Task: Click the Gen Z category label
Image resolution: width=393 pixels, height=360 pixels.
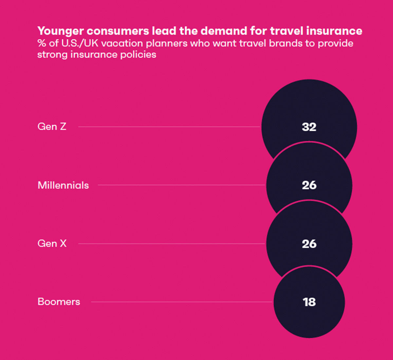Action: point(52,127)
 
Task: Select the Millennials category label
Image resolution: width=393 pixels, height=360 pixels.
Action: point(63,185)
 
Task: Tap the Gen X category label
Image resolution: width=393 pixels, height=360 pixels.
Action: point(52,243)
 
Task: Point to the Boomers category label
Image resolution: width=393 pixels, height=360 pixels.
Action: point(59,302)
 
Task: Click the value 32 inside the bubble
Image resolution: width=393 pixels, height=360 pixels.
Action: point(309,127)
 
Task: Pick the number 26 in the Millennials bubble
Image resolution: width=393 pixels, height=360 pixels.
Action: point(309,185)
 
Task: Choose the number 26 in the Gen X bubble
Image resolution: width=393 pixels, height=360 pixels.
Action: point(309,244)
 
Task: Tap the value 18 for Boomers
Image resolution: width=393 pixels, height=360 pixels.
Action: point(309,302)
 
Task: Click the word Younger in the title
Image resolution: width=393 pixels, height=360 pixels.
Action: point(60,31)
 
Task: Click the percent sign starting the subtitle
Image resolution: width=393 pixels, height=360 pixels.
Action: point(42,43)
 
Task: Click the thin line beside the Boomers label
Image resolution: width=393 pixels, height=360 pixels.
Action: point(182,302)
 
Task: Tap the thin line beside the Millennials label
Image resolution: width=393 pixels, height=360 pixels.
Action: point(181,185)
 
